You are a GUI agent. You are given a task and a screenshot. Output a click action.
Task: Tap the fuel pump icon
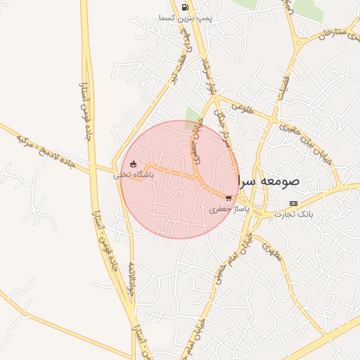(x=185, y=8)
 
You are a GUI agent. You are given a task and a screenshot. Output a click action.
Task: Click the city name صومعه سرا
(x=269, y=181)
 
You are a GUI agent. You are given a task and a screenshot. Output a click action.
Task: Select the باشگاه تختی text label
(x=129, y=176)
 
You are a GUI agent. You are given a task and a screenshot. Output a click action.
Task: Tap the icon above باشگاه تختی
(x=134, y=165)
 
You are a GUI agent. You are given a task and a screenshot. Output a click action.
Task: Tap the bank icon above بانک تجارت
(x=293, y=203)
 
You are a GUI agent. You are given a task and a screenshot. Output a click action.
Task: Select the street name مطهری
(x=271, y=252)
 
